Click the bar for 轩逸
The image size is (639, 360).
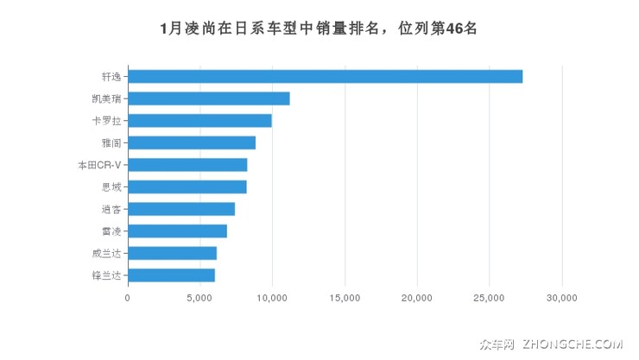click(x=325, y=76)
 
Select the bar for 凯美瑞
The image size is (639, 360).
click(x=208, y=98)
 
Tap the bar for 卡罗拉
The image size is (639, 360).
click(x=199, y=120)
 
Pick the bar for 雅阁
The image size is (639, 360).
click(x=192, y=142)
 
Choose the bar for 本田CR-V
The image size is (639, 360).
click(x=187, y=165)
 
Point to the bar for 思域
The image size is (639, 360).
click(x=187, y=186)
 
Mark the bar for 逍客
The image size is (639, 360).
click(x=181, y=209)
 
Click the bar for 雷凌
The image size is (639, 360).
click(x=177, y=231)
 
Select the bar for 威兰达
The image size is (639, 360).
click(x=172, y=253)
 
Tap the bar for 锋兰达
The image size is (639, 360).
click(x=171, y=275)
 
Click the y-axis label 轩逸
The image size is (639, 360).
click(x=111, y=77)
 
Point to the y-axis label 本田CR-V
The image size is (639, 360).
click(x=99, y=165)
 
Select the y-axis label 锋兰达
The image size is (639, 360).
click(x=107, y=275)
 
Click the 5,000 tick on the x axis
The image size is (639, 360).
click(x=199, y=298)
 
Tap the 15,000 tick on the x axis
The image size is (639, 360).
click(x=345, y=298)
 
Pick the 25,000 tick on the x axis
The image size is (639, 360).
click(x=490, y=298)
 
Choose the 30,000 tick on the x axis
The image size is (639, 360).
click(x=562, y=298)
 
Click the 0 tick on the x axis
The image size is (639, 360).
click(x=128, y=298)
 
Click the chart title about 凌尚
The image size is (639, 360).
click(x=319, y=28)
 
